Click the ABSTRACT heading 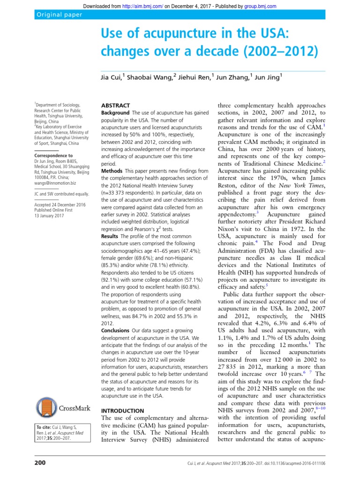pyautogui.click(x=116, y=106)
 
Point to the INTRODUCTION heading pyautogui.click(x=123, y=411)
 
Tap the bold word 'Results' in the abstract pyautogui.click(x=111, y=236)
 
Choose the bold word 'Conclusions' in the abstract pyautogui.click(x=115, y=330)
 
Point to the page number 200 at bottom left pyautogui.click(x=40, y=463)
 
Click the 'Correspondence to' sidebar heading pyautogui.click(x=53, y=155)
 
